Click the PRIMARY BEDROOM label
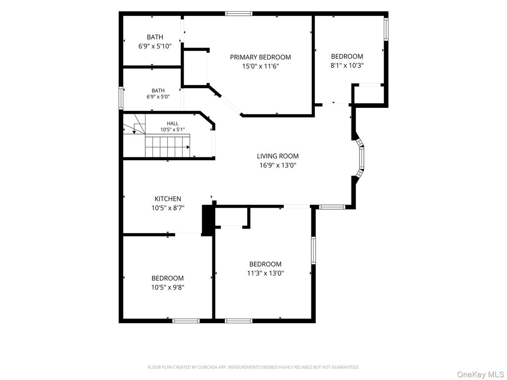(x=260, y=57)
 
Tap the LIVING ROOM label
(x=278, y=156)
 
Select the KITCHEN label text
(x=168, y=199)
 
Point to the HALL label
(x=173, y=123)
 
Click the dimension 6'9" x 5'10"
(x=155, y=46)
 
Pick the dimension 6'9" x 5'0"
(x=158, y=96)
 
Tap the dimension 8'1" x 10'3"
(x=347, y=65)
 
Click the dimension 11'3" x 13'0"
(x=265, y=273)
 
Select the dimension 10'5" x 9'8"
(x=168, y=287)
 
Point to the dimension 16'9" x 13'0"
(x=278, y=165)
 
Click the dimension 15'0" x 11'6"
(x=260, y=67)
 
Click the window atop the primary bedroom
(x=239, y=13)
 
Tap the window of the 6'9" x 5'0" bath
(x=121, y=97)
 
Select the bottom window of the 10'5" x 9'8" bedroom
(x=186, y=321)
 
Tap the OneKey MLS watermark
(x=480, y=375)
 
